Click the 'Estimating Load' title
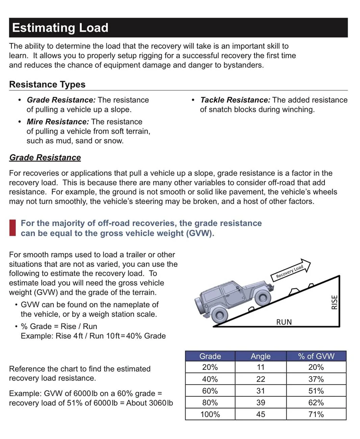[x=60, y=28]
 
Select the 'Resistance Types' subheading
[x=47, y=84]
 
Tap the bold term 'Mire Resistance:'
[x=58, y=122]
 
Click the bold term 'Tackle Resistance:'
[x=235, y=100]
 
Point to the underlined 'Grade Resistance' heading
[x=45, y=157]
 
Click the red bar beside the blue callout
[x=12, y=228]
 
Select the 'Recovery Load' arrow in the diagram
[x=290, y=270]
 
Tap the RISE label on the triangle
[x=334, y=302]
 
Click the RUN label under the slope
[x=284, y=322]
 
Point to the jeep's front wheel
[x=263, y=298]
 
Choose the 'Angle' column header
[x=261, y=356]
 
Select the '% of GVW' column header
[x=316, y=356]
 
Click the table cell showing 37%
[x=316, y=379]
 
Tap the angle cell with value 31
[x=261, y=391]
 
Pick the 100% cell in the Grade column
[x=210, y=414]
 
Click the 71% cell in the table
[x=316, y=414]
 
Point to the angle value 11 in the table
[x=261, y=367]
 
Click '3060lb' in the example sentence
[x=161, y=403]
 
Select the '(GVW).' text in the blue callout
[x=200, y=233]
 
